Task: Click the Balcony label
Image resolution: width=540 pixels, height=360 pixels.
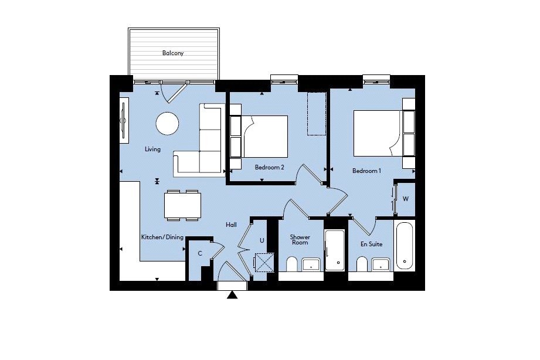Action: tap(173, 53)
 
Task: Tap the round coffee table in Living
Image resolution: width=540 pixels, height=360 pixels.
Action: tap(167, 123)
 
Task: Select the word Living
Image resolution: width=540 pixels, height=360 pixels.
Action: tap(152, 149)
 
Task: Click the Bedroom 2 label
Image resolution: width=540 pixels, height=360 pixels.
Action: tap(269, 168)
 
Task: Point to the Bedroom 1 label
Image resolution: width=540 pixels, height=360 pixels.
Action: tap(367, 171)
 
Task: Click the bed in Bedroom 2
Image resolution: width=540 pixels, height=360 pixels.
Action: tap(264, 137)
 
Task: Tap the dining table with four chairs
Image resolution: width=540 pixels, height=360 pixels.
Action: tap(182, 205)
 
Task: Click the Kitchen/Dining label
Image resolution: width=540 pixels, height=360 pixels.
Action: tap(162, 237)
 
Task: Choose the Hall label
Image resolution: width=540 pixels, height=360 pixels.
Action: tap(231, 225)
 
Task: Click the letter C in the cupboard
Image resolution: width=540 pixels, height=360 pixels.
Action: tap(200, 253)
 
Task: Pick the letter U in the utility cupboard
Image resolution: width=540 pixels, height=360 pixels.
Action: tap(261, 240)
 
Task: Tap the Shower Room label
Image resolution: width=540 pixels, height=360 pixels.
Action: tap(300, 239)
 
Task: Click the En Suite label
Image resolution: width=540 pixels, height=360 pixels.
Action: tap(371, 244)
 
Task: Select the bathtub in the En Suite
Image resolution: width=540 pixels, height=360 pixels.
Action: tap(405, 246)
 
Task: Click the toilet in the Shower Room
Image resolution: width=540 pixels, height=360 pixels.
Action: tap(292, 264)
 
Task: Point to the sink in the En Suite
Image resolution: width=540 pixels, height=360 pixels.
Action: tap(381, 264)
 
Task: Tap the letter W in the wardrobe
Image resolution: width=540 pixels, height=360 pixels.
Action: tap(406, 199)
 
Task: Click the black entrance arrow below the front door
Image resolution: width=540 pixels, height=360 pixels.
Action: tap(232, 295)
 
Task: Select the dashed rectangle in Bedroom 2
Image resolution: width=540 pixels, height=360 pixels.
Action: tap(317, 113)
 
